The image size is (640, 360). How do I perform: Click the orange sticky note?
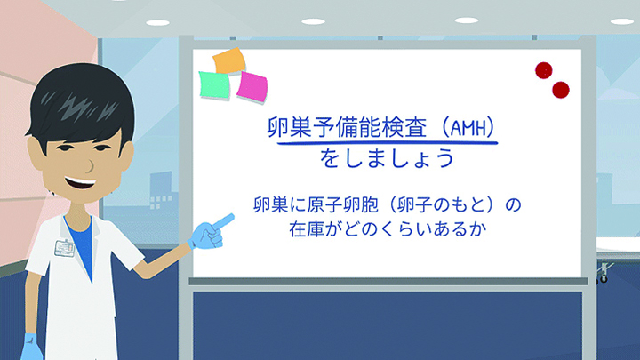[x=229, y=61]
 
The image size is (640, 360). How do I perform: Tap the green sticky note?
[x=214, y=85]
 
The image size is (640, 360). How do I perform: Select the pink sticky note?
[x=252, y=86]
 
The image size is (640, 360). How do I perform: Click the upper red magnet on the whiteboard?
[x=544, y=70]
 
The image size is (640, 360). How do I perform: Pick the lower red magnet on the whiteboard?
[x=560, y=90]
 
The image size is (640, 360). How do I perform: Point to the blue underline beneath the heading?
[x=387, y=143]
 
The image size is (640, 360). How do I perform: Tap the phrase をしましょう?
[x=387, y=158]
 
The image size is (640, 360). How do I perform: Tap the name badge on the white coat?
[x=65, y=248]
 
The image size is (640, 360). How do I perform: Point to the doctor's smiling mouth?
[x=80, y=182]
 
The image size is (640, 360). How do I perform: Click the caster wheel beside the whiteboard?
[x=604, y=279]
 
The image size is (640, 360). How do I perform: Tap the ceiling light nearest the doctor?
[x=157, y=23]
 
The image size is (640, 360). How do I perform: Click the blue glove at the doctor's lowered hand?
[x=31, y=347]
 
